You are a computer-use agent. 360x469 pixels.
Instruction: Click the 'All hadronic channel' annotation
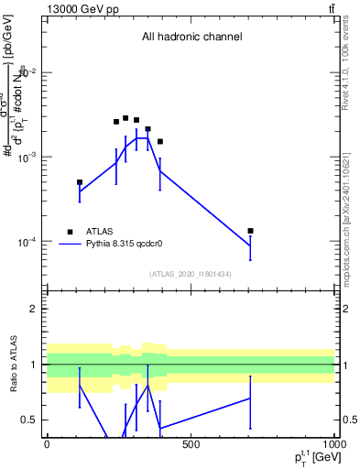coord(191,38)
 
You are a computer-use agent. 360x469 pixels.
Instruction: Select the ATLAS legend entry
coord(94,232)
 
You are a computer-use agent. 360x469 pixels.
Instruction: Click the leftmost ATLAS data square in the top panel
coord(80,182)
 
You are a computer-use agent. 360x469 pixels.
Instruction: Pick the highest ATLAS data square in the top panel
coord(125,118)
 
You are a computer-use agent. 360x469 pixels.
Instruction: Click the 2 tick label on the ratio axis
coord(34,309)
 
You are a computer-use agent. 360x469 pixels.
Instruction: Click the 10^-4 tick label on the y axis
coord(27,242)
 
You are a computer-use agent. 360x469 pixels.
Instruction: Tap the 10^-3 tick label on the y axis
coord(27,157)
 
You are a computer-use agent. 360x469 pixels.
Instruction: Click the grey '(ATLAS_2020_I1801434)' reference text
coord(191,274)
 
